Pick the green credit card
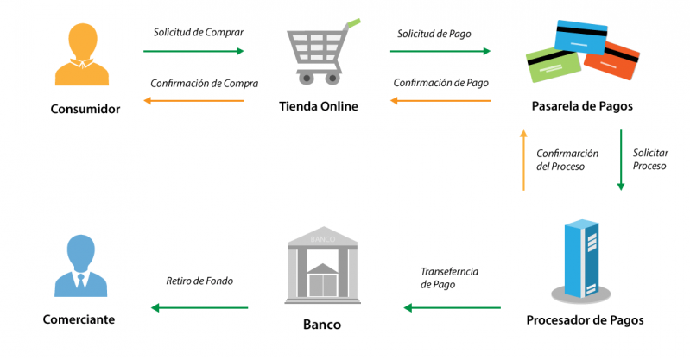coord(554,66)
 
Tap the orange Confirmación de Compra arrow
coord(194,101)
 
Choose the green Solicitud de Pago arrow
coord(440,51)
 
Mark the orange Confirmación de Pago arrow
coord(440,101)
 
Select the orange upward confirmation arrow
coord(522,160)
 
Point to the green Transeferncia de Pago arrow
coord(453,307)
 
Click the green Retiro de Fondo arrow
coord(199,307)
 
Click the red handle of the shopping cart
coord(350,22)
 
